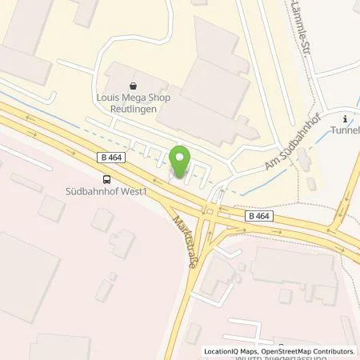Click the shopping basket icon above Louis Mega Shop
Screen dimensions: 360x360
click(x=133, y=82)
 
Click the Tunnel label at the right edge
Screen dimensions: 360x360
click(x=346, y=130)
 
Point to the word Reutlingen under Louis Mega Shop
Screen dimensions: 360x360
click(x=133, y=106)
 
